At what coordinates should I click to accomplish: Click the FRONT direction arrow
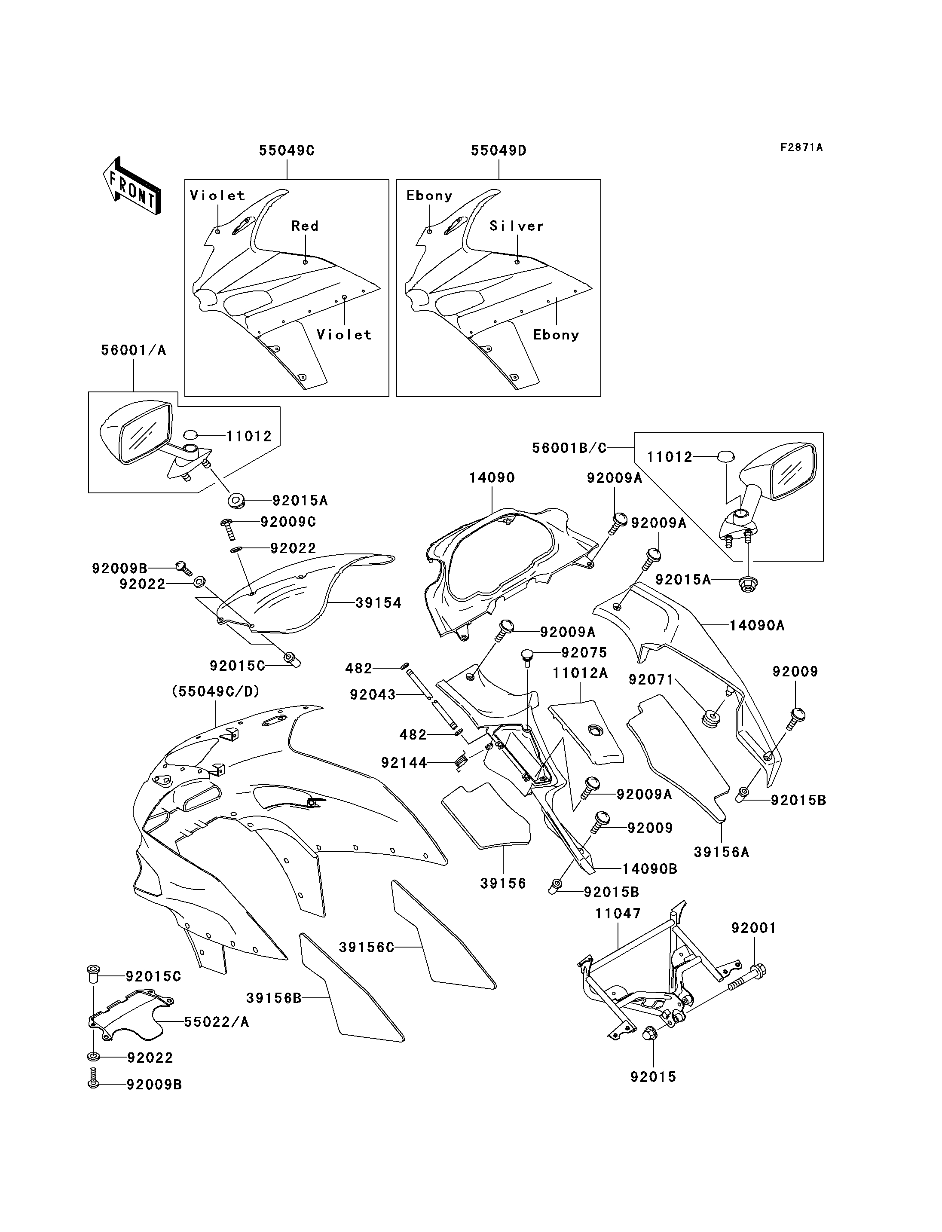[x=132, y=185]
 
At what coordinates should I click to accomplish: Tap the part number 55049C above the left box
[x=287, y=150]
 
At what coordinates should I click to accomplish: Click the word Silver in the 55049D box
[x=517, y=226]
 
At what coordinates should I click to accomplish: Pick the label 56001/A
[x=134, y=351]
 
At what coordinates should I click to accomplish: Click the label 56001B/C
[x=569, y=448]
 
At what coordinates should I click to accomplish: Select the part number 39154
[x=379, y=603]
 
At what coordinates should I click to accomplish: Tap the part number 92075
[x=584, y=653]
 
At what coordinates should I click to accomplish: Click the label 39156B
[x=274, y=998]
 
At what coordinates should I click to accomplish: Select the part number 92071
[x=651, y=680]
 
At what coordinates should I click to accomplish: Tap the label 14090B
[x=650, y=869]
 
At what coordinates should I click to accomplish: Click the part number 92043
[x=372, y=695]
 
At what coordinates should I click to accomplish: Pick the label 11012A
[x=580, y=673]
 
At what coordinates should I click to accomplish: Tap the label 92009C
[x=287, y=522]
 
